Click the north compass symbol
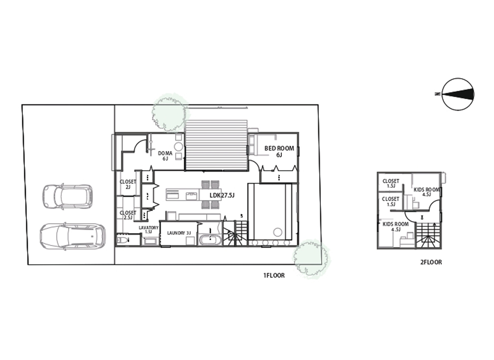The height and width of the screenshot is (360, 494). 458,94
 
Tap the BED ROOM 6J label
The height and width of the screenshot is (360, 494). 279,151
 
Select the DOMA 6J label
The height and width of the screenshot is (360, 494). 165,156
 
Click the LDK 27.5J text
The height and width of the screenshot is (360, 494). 222,195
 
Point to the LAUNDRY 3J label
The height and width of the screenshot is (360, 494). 179,233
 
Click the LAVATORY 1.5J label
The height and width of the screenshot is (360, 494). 148,230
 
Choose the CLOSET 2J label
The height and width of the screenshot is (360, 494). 128,184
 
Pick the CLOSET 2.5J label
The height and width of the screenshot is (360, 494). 128,215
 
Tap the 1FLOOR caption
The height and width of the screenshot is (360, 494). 274,276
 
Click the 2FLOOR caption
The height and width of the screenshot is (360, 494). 431,262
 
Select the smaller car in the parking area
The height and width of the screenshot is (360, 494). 68,197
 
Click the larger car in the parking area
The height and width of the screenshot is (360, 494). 73,236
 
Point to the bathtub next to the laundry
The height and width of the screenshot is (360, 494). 211,240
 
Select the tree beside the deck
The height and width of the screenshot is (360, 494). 169,112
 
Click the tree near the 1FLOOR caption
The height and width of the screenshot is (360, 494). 311,259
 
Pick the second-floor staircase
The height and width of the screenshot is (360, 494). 428,235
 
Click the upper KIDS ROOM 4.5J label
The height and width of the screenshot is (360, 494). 426,192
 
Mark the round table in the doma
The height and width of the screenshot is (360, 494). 179,147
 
